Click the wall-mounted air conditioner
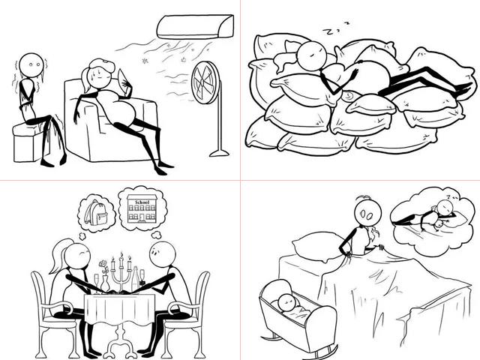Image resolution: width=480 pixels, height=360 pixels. click(x=195, y=27)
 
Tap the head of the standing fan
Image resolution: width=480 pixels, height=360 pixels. click(x=205, y=82)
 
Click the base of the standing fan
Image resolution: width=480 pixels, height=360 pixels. click(x=219, y=153)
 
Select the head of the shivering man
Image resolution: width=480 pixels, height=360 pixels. click(x=31, y=65)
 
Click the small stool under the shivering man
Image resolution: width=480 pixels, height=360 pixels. click(x=29, y=143)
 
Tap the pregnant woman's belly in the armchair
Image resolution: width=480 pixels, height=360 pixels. click(x=120, y=107)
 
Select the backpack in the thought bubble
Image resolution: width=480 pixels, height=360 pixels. click(x=96, y=212)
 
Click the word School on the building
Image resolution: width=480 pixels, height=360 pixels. click(x=142, y=202)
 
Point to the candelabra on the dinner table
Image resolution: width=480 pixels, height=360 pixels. click(x=121, y=272)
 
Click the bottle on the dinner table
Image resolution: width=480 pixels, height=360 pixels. click(x=135, y=280)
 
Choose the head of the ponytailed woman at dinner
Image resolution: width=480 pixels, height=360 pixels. click(x=77, y=256)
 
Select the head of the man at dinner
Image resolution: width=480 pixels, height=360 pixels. click(x=163, y=255)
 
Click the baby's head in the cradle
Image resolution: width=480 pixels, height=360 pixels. click(x=289, y=302)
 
